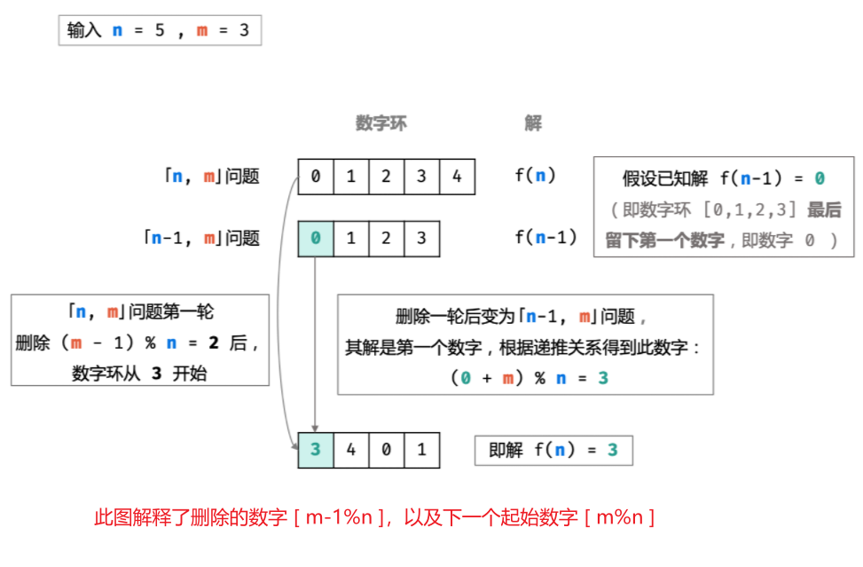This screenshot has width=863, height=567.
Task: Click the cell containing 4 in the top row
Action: (x=457, y=177)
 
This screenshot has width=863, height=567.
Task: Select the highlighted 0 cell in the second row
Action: (x=316, y=239)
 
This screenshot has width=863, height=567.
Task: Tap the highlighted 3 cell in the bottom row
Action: (x=316, y=450)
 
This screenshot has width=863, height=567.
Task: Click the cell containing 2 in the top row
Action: (x=386, y=177)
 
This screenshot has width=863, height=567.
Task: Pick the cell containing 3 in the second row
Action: (x=421, y=239)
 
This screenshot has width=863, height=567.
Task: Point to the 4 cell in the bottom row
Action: (x=351, y=450)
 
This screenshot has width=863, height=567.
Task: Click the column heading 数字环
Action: (x=381, y=123)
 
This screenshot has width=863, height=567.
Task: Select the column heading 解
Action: (x=532, y=123)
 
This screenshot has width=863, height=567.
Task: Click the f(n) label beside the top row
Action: (x=535, y=176)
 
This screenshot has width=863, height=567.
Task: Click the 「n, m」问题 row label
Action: (x=211, y=177)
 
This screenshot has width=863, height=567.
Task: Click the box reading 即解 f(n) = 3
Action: (x=553, y=450)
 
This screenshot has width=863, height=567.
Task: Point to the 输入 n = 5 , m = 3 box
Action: (x=159, y=31)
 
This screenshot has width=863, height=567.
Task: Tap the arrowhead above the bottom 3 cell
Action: (x=316, y=428)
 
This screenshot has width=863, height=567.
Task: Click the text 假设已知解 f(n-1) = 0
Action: (x=723, y=178)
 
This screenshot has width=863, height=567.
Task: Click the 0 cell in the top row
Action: (x=316, y=177)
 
